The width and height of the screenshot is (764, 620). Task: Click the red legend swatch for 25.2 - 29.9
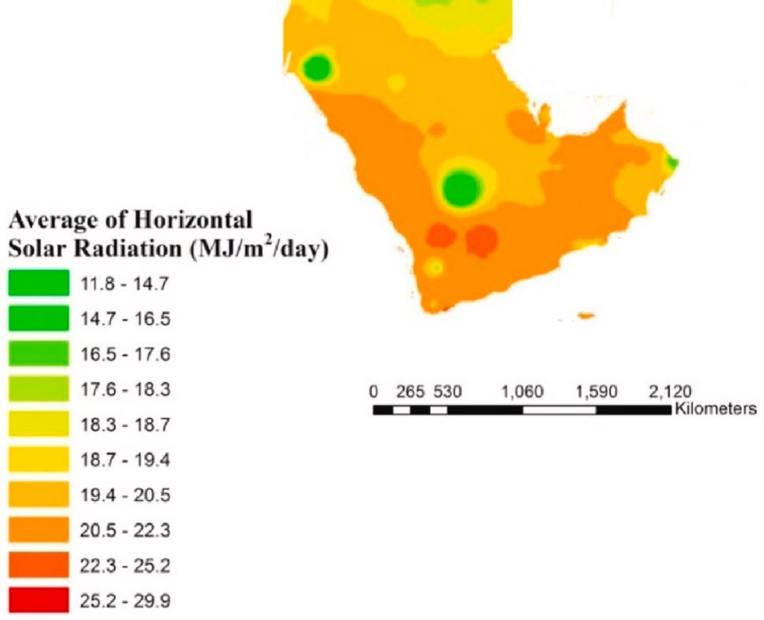[39, 600]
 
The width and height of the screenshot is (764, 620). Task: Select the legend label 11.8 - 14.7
[125, 284]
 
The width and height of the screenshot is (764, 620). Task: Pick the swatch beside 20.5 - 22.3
[39, 529]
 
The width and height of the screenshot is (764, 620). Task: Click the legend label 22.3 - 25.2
[125, 566]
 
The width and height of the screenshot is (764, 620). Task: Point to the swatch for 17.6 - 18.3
[39, 389]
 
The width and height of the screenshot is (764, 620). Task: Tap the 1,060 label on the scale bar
[522, 392]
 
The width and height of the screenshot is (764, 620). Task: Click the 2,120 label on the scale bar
[670, 392]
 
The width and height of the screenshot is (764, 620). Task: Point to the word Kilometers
[716, 408]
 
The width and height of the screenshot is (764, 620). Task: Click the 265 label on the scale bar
[410, 392]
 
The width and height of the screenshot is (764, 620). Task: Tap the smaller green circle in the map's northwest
[317, 68]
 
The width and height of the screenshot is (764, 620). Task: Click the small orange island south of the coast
[586, 316]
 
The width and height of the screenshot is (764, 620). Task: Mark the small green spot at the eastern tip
[672, 162]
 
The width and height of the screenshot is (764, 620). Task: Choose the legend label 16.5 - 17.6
[125, 354]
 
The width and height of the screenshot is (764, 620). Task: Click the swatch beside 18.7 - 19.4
[39, 459]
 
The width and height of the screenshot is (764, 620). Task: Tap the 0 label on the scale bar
[373, 392]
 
